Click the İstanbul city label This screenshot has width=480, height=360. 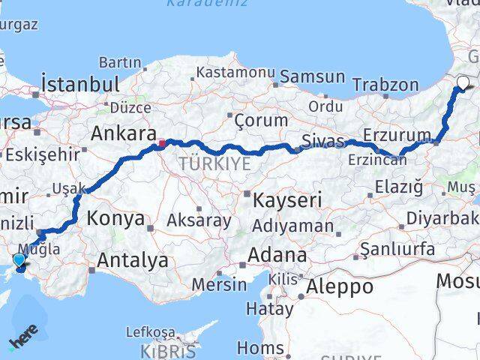pyautogui.click(x=81, y=82)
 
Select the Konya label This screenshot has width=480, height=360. pyautogui.click(x=115, y=219)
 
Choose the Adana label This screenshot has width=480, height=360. pyautogui.click(x=279, y=255)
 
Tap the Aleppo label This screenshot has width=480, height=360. pyautogui.click(x=340, y=286)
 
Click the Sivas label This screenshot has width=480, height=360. pyautogui.click(x=322, y=140)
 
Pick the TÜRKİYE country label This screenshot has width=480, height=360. pyautogui.click(x=214, y=163)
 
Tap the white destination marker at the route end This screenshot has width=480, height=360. pyautogui.click(x=462, y=84)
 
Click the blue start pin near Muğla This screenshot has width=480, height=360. pyautogui.click(x=19, y=260)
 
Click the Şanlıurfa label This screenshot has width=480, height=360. pyautogui.click(x=397, y=248)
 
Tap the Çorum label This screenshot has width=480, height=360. pyautogui.click(x=261, y=120)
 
